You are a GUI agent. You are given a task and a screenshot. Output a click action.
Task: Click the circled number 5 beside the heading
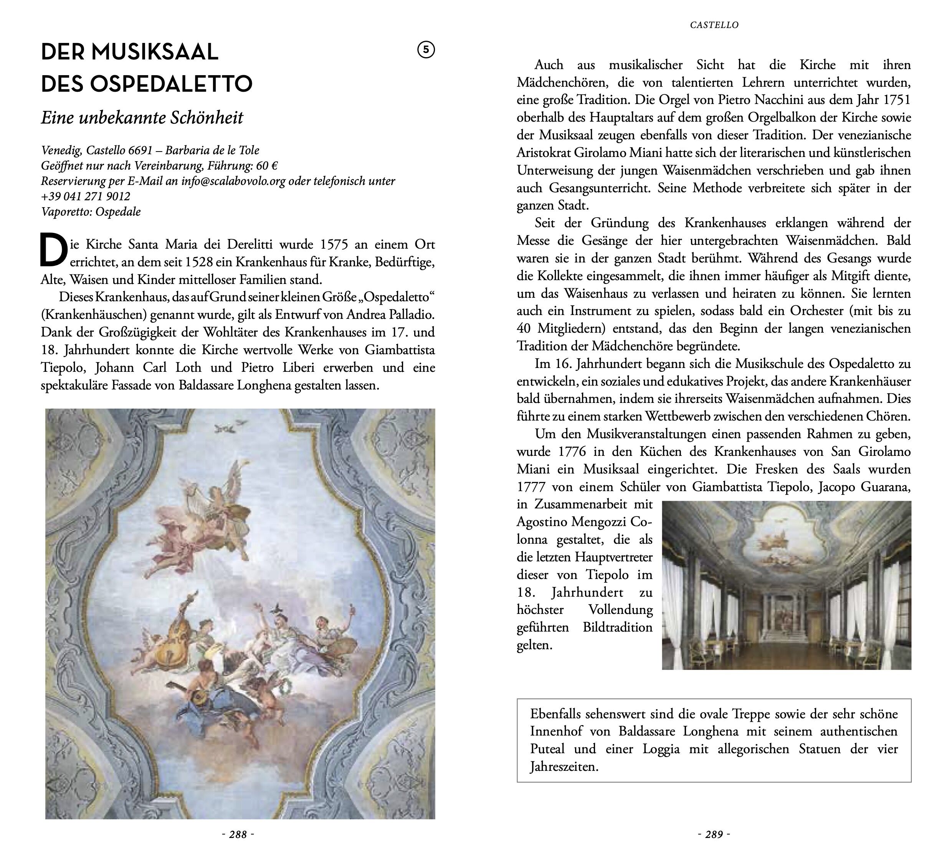tap(426, 50)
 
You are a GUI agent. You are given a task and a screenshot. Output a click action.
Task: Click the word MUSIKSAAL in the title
tap(154, 52)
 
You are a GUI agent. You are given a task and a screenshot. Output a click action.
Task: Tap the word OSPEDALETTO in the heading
tap(171, 84)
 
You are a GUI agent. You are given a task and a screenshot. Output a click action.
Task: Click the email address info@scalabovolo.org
tap(233, 181)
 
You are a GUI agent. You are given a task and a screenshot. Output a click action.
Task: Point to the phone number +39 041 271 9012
tap(86, 196)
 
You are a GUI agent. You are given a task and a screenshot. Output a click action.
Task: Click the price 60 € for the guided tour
tap(267, 166)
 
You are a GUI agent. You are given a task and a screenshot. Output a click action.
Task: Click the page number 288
tap(238, 835)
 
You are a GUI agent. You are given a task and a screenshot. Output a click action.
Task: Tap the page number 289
tap(714, 835)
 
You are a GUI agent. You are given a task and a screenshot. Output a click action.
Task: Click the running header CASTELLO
tap(714, 25)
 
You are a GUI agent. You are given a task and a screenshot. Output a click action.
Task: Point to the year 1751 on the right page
tap(896, 100)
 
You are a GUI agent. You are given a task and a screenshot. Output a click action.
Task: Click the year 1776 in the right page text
tap(572, 452)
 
